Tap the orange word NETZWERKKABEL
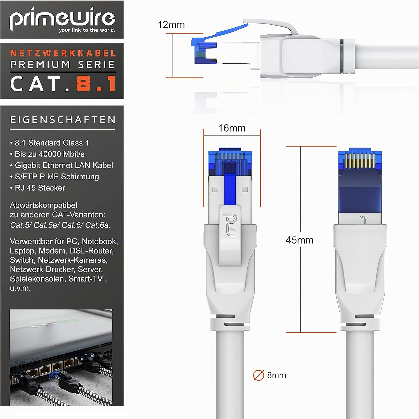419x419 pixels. pos(63,53)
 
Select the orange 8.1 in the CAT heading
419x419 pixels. pos(96,84)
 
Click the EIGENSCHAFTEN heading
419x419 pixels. pos(63,120)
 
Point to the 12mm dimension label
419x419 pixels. pos(171,25)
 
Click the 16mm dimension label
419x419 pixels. pos(232,128)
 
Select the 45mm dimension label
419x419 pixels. pos(299,240)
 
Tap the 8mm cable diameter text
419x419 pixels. pos(276,375)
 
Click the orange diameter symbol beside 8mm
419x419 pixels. pos(259,375)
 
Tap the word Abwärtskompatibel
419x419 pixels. pos(44,205)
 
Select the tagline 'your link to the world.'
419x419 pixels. pos(87,30)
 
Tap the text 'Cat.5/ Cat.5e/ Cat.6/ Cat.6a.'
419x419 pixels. pos(60,225)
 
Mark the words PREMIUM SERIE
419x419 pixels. pos(63,65)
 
